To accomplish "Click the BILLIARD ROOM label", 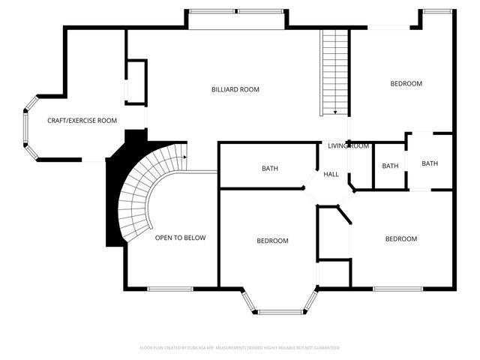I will [235, 89].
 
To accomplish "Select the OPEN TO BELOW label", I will [180, 238].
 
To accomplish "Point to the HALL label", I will [331, 174].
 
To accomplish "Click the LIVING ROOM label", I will [348, 145].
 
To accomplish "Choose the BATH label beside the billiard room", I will [270, 168].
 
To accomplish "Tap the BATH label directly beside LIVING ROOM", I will [390, 166].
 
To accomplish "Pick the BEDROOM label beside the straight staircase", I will [406, 83].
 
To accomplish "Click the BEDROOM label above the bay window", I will [272, 241].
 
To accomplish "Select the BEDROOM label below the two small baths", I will [400, 238].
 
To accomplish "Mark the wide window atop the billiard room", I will [235, 12].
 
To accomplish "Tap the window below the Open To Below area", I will [169, 289].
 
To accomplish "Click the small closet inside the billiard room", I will [136, 82].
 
